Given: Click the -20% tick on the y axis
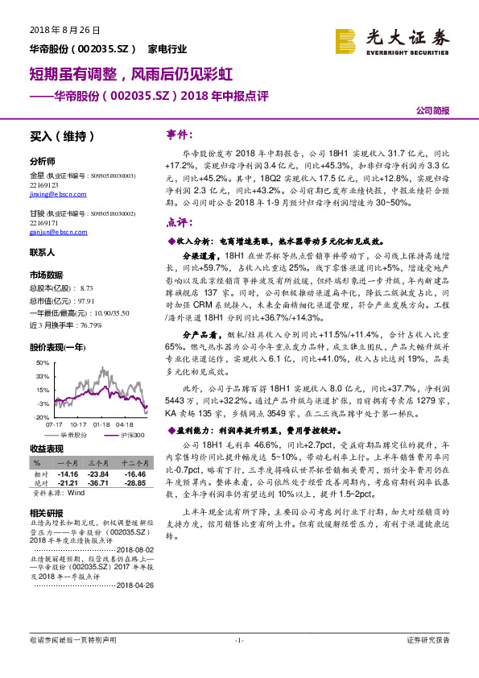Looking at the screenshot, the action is (x=41, y=418).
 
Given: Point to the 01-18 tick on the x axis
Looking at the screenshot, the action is (x=101, y=424).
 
